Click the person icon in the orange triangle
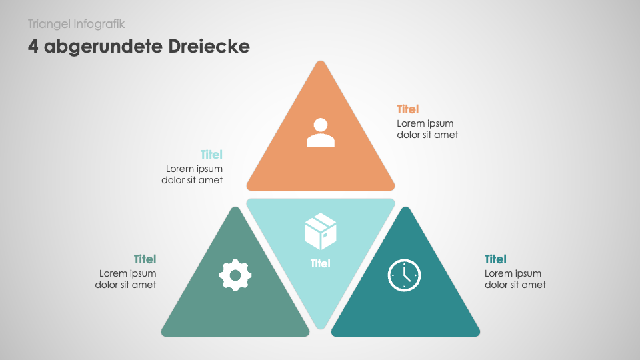click(321, 133)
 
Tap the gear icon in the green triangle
click(235, 275)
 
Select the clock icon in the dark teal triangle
click(404, 275)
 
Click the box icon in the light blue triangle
click(321, 231)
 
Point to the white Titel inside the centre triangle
click(321, 264)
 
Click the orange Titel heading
click(408, 109)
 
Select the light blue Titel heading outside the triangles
click(211, 155)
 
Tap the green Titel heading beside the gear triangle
click(145, 259)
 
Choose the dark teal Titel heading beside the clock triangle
click(495, 259)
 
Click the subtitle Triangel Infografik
click(76, 24)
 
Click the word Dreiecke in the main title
click(209, 46)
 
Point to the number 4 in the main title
click(33, 47)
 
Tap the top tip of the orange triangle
click(321, 61)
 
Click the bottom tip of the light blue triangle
click(321, 329)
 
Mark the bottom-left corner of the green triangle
click(163, 335)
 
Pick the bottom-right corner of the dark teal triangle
click(479, 335)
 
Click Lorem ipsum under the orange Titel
click(425, 124)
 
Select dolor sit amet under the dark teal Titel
click(515, 285)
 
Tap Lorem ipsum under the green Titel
click(128, 273)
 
